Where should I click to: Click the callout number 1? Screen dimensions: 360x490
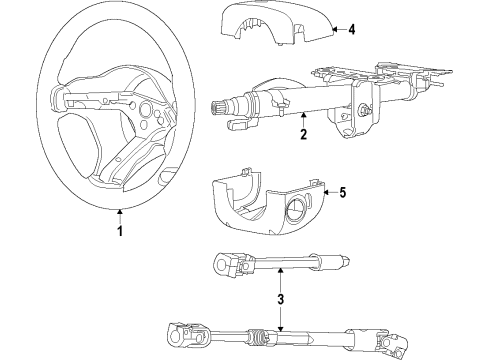click(x=119, y=232)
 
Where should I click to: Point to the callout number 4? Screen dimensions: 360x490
click(x=351, y=30)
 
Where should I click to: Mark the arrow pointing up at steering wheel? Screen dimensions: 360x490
click(x=119, y=213)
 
